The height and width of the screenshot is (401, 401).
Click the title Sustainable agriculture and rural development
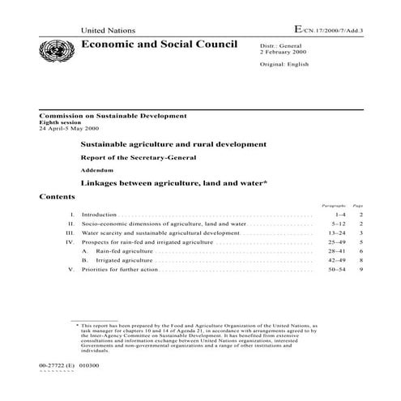coord(173,143)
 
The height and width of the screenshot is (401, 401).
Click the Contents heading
coord(58,197)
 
